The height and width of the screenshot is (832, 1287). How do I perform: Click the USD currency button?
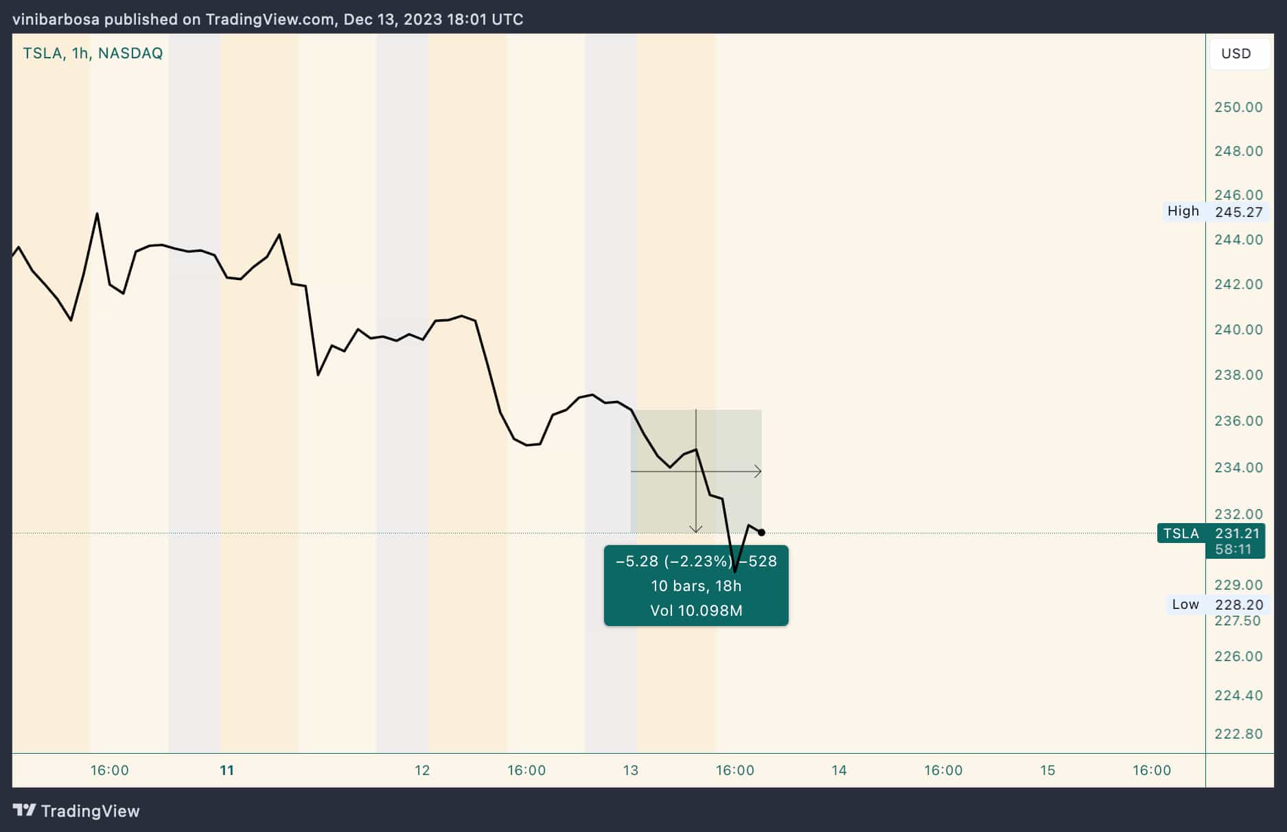tap(1236, 54)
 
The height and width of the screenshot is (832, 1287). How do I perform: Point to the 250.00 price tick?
tap(1238, 107)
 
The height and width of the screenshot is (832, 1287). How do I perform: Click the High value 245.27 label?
tap(1238, 212)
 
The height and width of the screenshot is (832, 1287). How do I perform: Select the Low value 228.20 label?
tap(1238, 605)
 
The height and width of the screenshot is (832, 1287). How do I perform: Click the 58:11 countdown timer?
tap(1233, 549)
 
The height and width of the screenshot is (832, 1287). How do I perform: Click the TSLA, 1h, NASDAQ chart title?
tap(93, 54)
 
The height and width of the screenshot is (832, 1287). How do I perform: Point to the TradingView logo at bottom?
tap(76, 811)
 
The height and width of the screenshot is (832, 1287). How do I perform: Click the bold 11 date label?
tap(227, 770)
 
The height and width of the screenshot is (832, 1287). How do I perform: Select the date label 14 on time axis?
tap(839, 770)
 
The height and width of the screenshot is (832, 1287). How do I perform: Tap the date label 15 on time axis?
tap(1047, 770)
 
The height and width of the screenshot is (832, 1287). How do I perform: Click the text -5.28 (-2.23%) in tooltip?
tap(674, 562)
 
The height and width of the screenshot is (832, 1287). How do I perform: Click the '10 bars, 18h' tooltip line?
tap(696, 586)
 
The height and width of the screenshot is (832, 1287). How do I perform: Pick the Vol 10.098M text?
tap(696, 611)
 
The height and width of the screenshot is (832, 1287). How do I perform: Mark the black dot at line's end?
tap(761, 533)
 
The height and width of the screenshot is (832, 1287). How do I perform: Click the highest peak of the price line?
tap(97, 214)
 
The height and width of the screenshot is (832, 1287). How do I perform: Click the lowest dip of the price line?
tap(735, 571)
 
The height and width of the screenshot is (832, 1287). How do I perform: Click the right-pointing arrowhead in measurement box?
tap(758, 472)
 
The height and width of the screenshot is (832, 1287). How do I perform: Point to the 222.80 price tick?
tap(1238, 734)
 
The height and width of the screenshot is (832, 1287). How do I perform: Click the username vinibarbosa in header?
tap(56, 19)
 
